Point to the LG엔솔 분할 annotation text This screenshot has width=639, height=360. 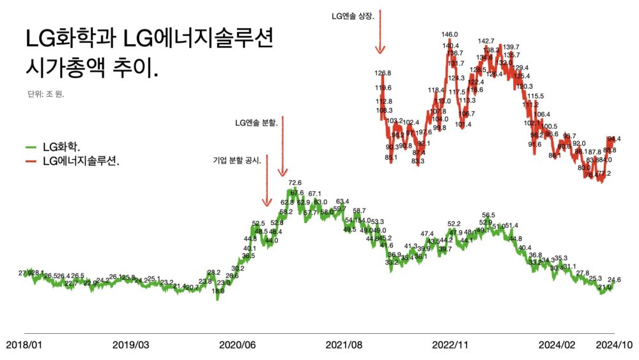(256, 121)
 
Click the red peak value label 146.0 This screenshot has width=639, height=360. (450, 35)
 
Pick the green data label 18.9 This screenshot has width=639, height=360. (219, 291)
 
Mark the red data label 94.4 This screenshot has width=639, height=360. (614, 139)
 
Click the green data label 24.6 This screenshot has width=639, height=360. (614, 279)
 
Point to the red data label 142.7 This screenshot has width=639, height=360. (486, 42)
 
